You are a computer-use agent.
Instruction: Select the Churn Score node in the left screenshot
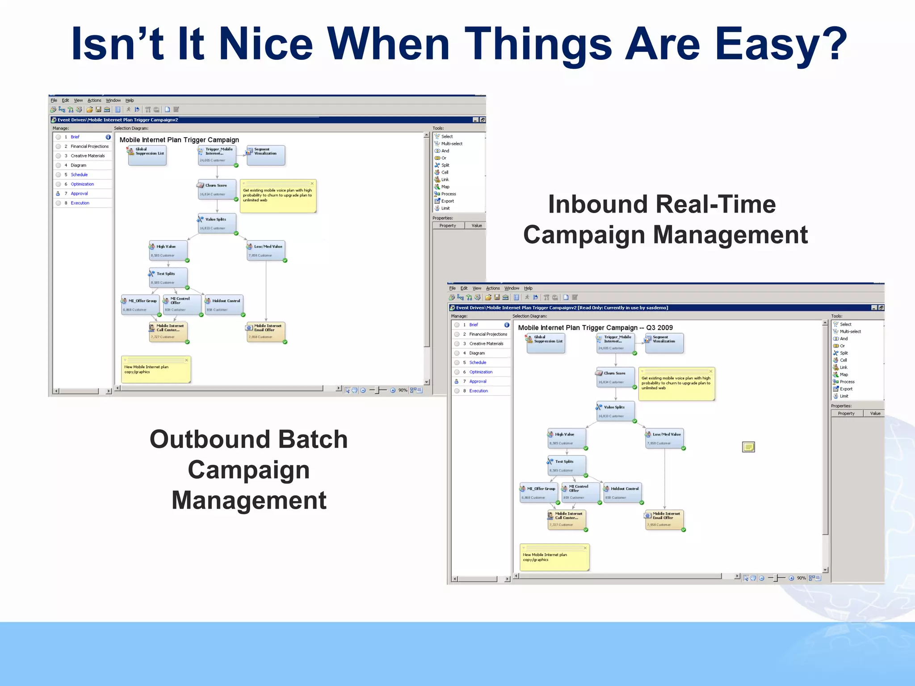pyautogui.click(x=217, y=189)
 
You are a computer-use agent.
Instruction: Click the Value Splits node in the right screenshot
pyautogui.click(x=615, y=411)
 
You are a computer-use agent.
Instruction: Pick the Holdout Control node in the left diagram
pyautogui.click(x=224, y=305)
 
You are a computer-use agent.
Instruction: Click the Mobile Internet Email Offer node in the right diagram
pyautogui.click(x=664, y=519)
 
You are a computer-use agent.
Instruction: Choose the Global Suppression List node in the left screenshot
pyautogui.click(x=147, y=155)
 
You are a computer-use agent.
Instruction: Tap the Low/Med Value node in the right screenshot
pyautogui.click(x=664, y=438)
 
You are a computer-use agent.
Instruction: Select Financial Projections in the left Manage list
pyautogui.click(x=89, y=146)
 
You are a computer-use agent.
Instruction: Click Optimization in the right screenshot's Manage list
pyautogui.click(x=481, y=372)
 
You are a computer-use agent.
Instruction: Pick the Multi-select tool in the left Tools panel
pyautogui.click(x=452, y=144)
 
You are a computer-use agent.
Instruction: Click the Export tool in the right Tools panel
pyautogui.click(x=846, y=389)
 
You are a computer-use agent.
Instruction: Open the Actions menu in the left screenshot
pyautogui.click(x=94, y=100)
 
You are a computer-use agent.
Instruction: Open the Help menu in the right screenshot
pyautogui.click(x=528, y=289)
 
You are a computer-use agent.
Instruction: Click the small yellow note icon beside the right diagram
pyautogui.click(x=748, y=447)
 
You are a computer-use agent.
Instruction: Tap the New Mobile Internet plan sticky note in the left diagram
pyautogui.click(x=156, y=370)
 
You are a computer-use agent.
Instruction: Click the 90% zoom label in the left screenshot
pyautogui.click(x=403, y=390)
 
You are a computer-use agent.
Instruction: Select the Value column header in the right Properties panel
pyautogui.click(x=875, y=414)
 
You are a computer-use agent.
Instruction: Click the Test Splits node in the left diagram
pyautogui.click(x=168, y=277)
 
